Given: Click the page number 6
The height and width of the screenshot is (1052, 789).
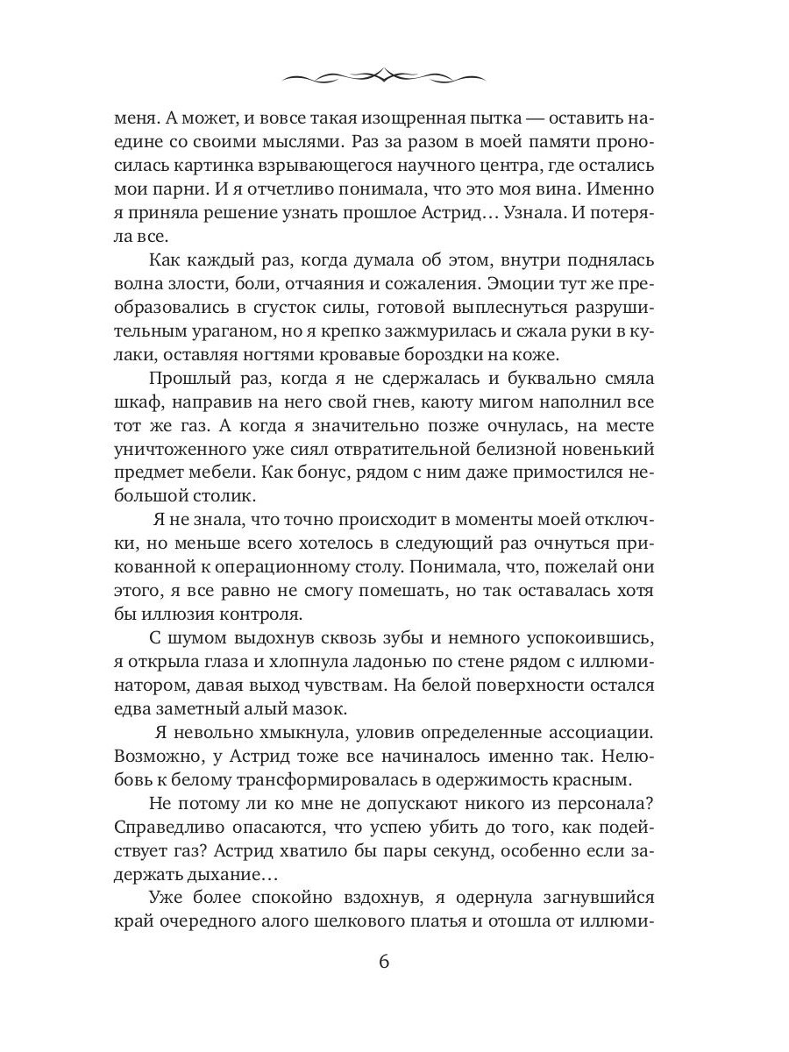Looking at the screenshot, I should coord(383,960).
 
